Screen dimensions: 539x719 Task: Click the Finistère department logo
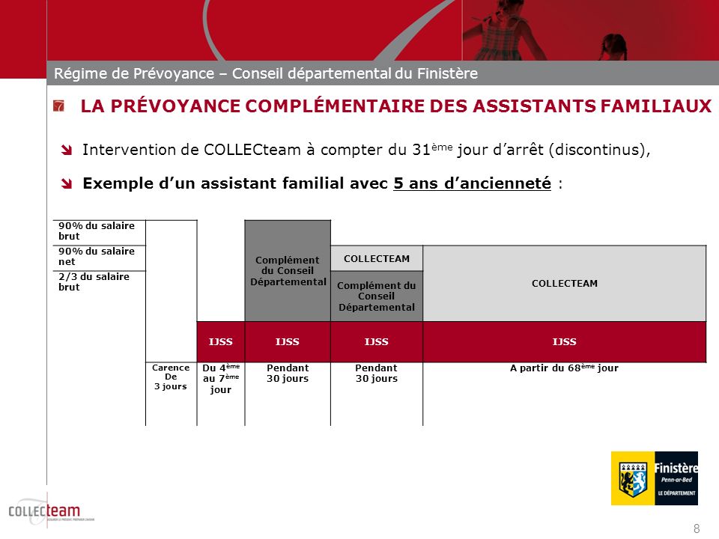[654, 478]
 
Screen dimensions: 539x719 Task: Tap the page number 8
[697, 529]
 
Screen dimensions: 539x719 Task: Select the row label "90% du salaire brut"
[86, 231]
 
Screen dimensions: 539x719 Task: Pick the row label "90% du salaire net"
[86, 257]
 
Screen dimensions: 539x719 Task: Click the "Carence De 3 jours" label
[171, 377]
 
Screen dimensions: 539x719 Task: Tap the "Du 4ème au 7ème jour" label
[221, 379]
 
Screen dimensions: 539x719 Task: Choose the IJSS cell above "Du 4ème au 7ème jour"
[221, 342]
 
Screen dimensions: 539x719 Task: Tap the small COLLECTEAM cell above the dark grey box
[377, 258]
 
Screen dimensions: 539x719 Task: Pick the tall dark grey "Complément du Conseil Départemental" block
[288, 270]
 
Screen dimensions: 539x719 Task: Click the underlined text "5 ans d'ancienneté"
[472, 183]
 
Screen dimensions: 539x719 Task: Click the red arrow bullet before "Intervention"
[67, 150]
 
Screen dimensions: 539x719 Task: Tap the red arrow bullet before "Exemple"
[67, 184]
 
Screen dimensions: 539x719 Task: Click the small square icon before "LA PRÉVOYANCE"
[59, 106]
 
